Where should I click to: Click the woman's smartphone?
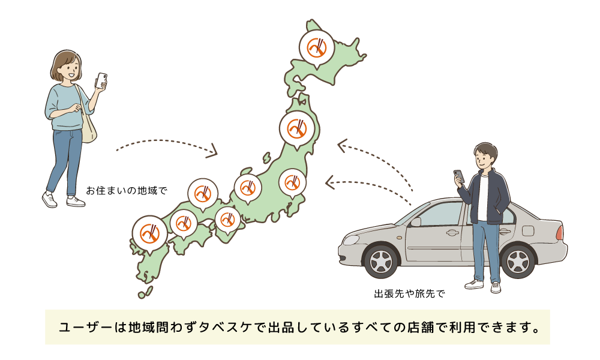click(x=101, y=80)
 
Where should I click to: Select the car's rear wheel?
click(x=518, y=261)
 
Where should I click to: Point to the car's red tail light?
click(x=559, y=232)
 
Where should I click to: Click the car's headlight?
click(x=350, y=240)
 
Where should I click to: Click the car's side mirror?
click(x=415, y=222)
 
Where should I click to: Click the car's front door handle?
click(x=452, y=233)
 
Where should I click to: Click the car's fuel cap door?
click(x=528, y=231)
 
